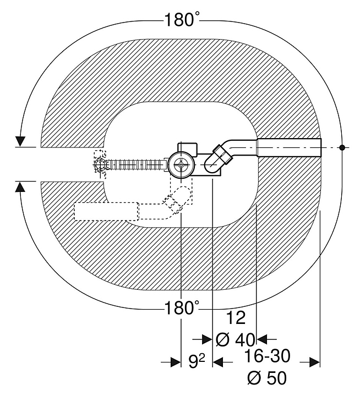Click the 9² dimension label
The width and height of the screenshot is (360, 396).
click(x=197, y=361)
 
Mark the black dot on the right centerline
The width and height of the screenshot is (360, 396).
click(x=342, y=147)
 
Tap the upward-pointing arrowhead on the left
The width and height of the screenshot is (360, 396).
click(x=21, y=186)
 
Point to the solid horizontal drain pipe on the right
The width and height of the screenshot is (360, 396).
click(x=288, y=148)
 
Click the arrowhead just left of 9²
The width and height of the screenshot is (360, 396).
click(x=176, y=361)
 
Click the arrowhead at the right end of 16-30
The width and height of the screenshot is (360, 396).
click(x=314, y=361)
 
